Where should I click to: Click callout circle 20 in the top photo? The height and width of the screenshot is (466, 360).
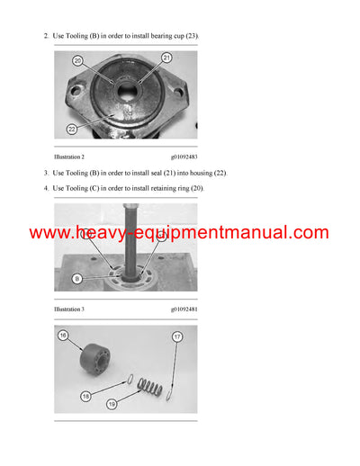tap(77, 61)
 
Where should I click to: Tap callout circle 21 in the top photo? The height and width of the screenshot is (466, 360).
tap(166, 58)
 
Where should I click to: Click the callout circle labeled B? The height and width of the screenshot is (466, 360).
tap(77, 279)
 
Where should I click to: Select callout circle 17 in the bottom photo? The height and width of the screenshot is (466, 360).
tap(176, 336)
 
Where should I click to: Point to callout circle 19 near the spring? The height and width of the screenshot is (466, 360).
tap(111, 405)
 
